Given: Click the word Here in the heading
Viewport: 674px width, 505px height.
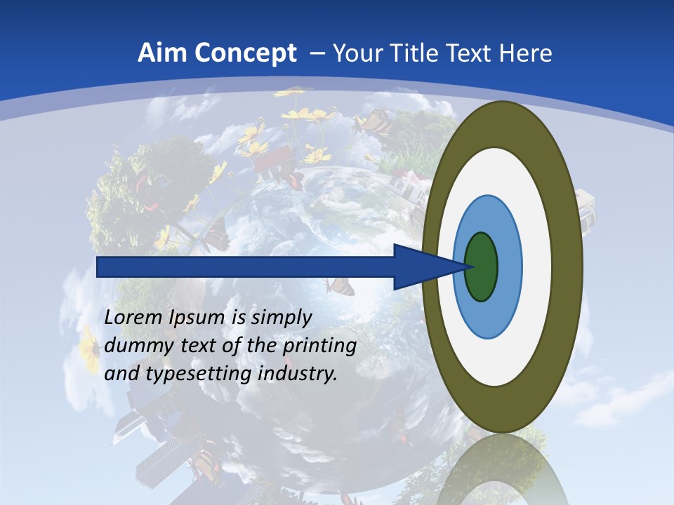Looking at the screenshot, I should pos(528,53).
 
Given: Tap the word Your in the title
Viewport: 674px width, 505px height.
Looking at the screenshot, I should pos(354,53).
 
